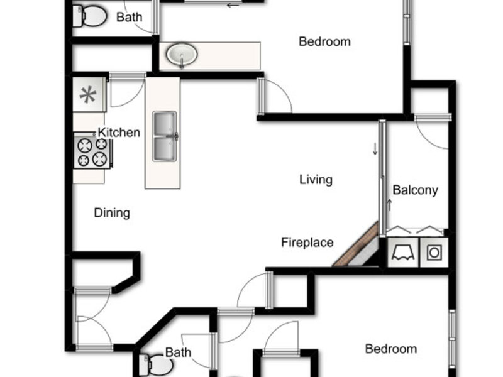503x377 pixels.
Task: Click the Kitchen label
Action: click(x=119, y=132)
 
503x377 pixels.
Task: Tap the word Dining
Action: click(x=112, y=213)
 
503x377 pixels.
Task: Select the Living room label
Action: click(x=316, y=180)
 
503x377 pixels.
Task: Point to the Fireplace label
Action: click(x=307, y=243)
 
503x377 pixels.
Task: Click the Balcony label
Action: click(x=416, y=190)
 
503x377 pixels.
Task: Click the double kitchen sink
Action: click(x=165, y=136)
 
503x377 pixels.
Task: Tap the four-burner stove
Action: click(x=92, y=151)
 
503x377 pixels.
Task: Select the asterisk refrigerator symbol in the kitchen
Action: click(x=88, y=95)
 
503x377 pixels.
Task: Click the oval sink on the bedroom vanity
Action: click(x=182, y=55)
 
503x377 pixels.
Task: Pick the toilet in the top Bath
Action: click(x=89, y=16)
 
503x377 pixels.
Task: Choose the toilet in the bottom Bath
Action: click(x=156, y=365)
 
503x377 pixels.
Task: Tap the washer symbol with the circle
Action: click(x=434, y=253)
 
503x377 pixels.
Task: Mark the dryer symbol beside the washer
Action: click(x=403, y=253)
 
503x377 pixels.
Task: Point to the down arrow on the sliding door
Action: click(x=375, y=149)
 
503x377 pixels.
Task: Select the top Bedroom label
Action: click(x=324, y=41)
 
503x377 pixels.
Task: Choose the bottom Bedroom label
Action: click(x=391, y=349)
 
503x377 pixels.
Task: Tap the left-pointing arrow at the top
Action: click(x=233, y=5)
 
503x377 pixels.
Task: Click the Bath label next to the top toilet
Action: click(x=130, y=17)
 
